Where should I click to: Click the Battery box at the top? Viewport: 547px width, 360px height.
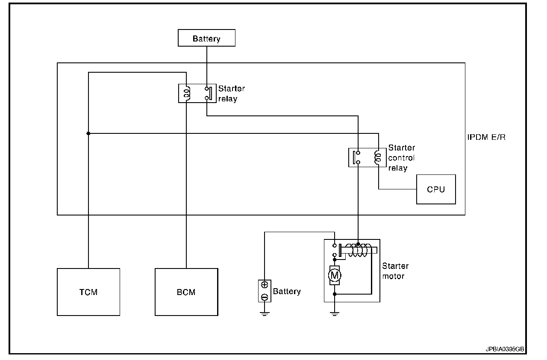click(206, 38)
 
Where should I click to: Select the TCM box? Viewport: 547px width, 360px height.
click(88, 292)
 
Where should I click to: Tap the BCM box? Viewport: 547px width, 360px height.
click(186, 292)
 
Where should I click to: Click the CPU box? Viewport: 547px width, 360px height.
click(436, 189)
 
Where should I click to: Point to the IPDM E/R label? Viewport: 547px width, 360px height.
click(487, 138)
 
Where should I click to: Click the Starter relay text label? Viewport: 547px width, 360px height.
click(231, 94)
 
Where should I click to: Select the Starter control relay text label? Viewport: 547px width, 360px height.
click(401, 158)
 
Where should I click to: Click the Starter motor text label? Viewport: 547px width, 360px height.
click(395, 271)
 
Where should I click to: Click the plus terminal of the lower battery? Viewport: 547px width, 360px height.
click(265, 285)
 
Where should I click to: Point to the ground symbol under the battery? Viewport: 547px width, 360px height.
click(265, 314)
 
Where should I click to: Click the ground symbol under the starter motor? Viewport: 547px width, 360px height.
click(335, 314)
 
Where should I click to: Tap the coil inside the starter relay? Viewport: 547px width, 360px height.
click(187, 94)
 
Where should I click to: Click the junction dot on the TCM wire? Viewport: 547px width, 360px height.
click(88, 133)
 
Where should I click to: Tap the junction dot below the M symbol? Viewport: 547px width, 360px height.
click(335, 294)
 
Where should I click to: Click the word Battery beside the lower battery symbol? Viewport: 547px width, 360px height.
click(287, 292)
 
